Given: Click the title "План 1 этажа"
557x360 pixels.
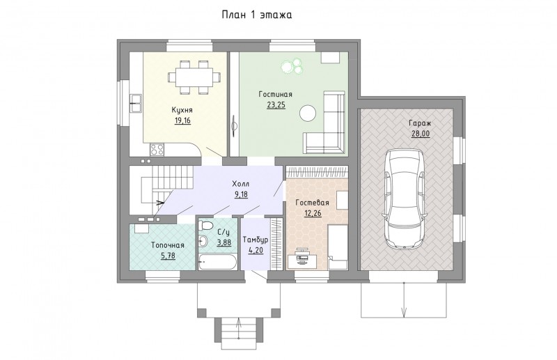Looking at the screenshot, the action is pyautogui.click(x=257, y=15).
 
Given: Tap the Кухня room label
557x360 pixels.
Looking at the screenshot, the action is pyautogui.click(x=182, y=110).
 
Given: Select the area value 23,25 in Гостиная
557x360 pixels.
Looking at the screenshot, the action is pyautogui.click(x=276, y=105).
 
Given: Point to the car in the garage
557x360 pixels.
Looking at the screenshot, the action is pyautogui.click(x=405, y=199).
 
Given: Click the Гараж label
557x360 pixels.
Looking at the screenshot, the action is pyautogui.click(x=420, y=123).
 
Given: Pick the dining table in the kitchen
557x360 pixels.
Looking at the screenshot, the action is pyautogui.click(x=194, y=77).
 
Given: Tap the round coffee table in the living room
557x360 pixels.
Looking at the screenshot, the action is pyautogui.click(x=308, y=114).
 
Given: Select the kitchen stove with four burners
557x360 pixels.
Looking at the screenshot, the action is pyautogui.click(x=157, y=149).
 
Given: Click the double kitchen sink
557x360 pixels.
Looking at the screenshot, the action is pyautogui.click(x=135, y=104).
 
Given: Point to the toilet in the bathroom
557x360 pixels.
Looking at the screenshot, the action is pyautogui.click(x=205, y=225).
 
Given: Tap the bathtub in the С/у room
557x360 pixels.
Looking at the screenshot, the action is pyautogui.click(x=217, y=262).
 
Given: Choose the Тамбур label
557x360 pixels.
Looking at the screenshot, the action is pyautogui.click(x=256, y=240).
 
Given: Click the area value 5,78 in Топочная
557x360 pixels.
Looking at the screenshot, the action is pyautogui.click(x=168, y=256).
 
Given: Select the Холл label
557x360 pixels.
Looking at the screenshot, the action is pyautogui.click(x=240, y=184).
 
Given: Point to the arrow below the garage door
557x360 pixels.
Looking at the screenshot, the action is pyautogui.click(x=404, y=299).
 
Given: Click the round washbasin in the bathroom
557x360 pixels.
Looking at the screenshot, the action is pyautogui.click(x=203, y=242).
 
